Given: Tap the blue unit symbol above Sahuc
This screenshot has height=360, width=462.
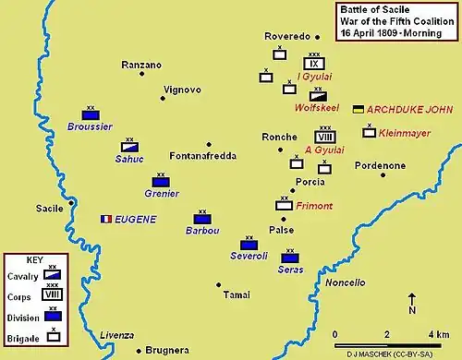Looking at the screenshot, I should (130, 147).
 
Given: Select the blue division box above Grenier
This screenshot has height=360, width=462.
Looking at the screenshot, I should (161, 182).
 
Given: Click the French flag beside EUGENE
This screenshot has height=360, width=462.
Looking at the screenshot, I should (105, 219).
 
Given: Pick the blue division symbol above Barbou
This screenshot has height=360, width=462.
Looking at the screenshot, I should (202, 219).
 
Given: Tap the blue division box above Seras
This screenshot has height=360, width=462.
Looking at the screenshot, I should (290, 258).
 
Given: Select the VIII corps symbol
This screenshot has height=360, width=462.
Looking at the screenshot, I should (325, 137).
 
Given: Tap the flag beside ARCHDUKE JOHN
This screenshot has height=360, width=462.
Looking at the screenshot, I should (358, 109).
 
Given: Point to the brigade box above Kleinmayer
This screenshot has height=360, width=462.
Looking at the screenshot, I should (369, 132).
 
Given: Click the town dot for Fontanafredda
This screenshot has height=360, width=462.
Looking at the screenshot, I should (210, 145).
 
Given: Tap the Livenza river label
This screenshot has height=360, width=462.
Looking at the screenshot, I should (116, 334).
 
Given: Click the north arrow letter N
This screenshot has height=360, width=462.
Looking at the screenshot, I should (411, 310).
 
